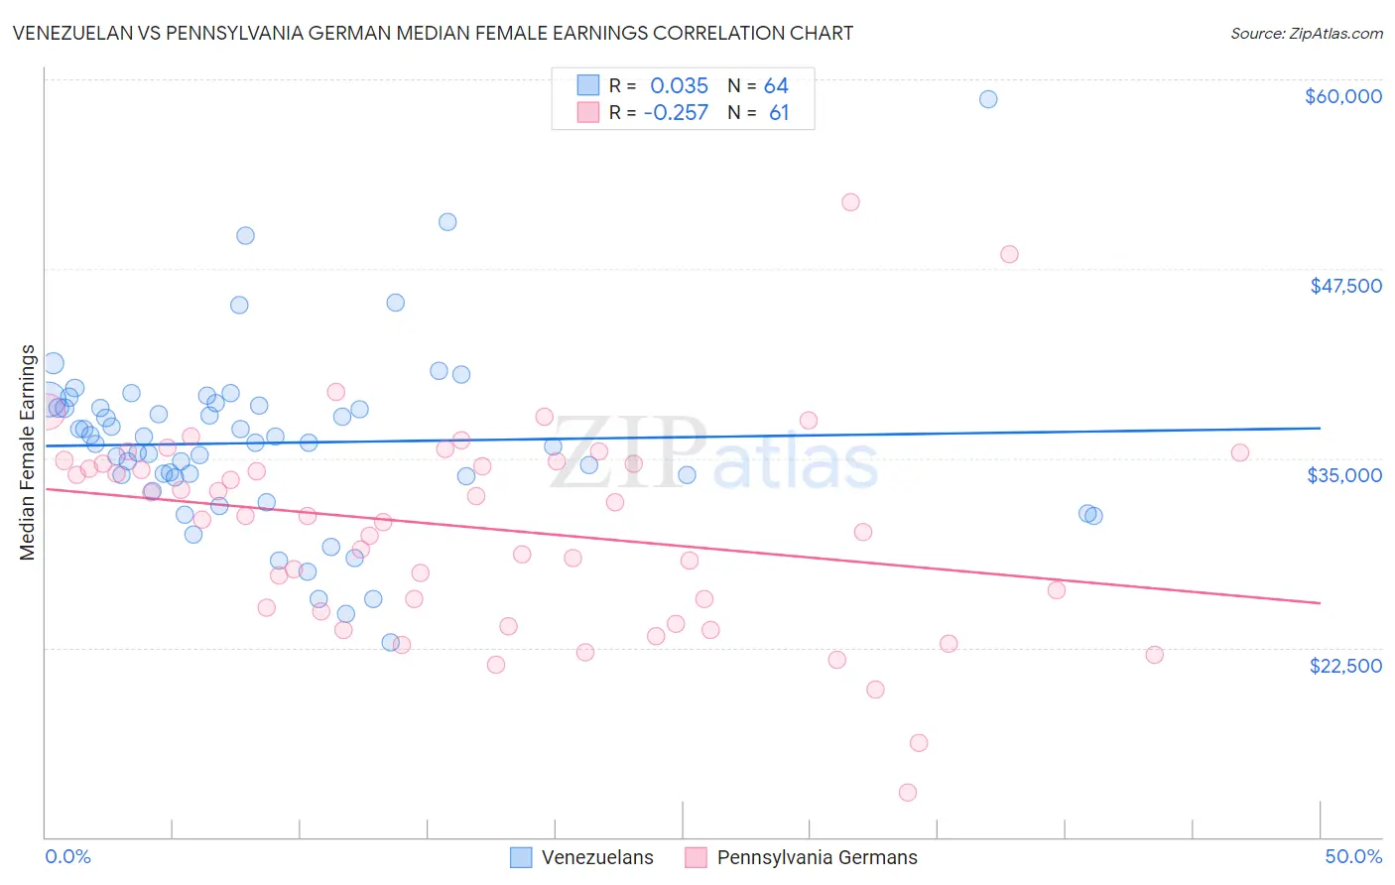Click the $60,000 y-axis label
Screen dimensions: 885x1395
point(1342,96)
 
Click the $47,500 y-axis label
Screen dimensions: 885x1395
point(1345,286)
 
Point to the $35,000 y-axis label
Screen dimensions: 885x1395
point(1344,475)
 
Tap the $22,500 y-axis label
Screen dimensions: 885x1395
point(1345,666)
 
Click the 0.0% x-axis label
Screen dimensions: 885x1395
point(67,856)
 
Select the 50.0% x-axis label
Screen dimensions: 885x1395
point(1353,856)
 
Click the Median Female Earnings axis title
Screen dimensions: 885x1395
point(28,452)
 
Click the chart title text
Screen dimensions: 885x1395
point(433,33)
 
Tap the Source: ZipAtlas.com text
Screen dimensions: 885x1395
point(1306,34)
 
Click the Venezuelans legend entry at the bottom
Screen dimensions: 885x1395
point(596,857)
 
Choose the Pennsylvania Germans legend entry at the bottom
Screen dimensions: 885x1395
point(817,857)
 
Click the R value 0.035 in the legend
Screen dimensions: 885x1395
point(679,86)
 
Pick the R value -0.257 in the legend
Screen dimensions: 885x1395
point(676,113)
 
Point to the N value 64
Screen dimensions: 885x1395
point(776,86)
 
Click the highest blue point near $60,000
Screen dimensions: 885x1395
point(988,99)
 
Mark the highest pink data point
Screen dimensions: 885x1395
point(850,202)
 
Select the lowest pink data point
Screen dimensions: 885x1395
point(908,792)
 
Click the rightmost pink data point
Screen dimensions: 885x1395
point(1240,452)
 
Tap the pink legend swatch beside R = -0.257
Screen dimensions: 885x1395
point(588,112)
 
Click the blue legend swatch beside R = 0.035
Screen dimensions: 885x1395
point(588,85)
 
